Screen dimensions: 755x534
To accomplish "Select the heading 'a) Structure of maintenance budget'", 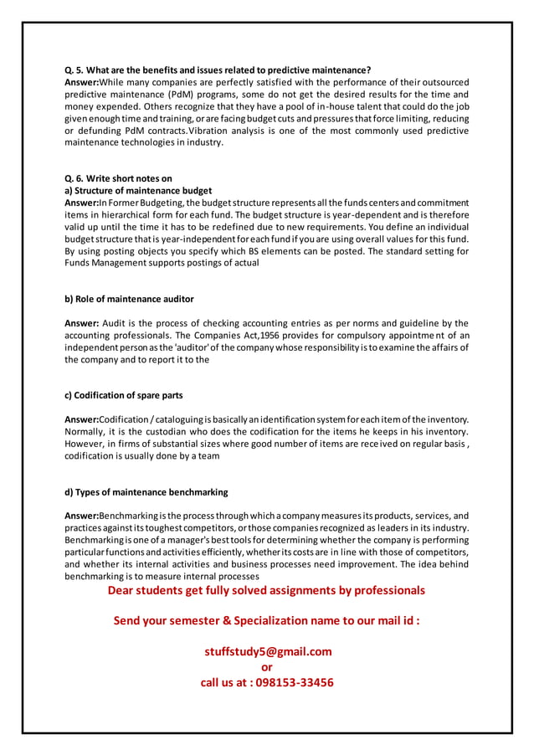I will (138, 191).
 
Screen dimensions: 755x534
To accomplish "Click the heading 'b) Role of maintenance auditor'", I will (129, 299).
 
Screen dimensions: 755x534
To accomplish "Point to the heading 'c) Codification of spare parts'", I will (124, 395).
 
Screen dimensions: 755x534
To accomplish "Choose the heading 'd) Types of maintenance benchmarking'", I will (146, 491).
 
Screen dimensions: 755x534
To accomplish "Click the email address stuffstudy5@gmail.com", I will (267, 651).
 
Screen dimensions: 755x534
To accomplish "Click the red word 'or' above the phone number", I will (267, 667).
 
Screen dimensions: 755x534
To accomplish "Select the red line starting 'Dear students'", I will (266, 590).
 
